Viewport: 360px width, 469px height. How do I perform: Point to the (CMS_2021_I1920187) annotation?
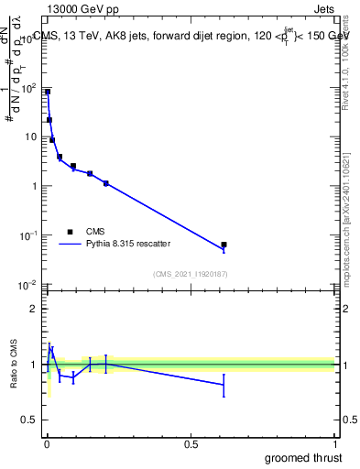coord(190,274)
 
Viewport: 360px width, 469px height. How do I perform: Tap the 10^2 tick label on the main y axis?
coord(27,89)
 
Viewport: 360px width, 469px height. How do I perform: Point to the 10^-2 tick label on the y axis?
coord(27,286)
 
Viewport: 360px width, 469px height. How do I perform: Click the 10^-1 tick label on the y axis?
coord(27,236)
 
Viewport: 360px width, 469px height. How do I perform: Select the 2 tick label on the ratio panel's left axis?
coord(33,309)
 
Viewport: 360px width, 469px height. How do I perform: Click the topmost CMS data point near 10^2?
coord(48,92)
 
